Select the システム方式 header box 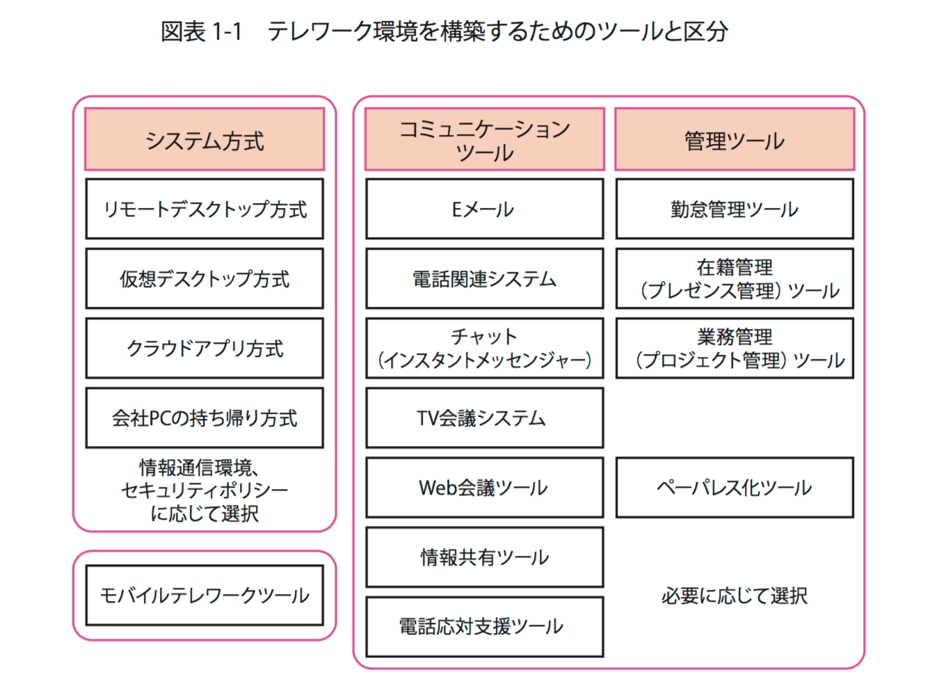pos(204,139)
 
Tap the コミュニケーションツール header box pos(485,139)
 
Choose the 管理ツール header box pos(735,139)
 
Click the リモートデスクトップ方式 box pos(204,209)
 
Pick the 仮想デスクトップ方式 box pos(204,279)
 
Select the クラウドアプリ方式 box pos(204,348)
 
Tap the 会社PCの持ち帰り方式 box pos(204,418)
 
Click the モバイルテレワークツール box pos(204,595)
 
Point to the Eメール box pos(485,209)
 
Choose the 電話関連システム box pos(485,279)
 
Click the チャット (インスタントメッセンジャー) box pos(485,348)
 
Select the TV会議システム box pos(485,418)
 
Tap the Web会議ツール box pos(485,488)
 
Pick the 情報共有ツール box pos(485,557)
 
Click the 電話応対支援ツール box pos(485,627)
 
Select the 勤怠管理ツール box pos(735,209)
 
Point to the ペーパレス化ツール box pos(735,488)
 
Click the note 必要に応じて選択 pos(735,596)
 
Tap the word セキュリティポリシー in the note pos(204,491)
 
